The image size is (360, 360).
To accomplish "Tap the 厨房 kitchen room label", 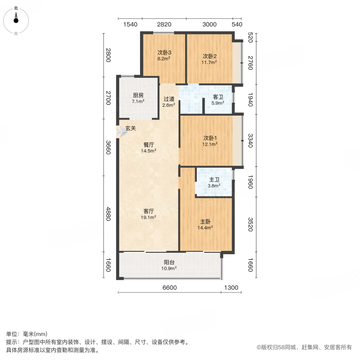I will pos(138,95).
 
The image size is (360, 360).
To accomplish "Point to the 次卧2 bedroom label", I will pos(209,56).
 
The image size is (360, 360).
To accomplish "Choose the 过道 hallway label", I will pos(169,99).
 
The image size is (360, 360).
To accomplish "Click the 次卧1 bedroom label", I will pos(210,138).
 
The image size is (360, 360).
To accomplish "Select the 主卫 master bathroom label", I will pos(214,180).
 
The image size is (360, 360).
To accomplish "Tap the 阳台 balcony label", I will pos(169,262).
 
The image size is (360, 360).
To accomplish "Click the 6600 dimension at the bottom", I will pos(169,288).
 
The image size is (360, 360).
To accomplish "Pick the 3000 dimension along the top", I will pos(209,24).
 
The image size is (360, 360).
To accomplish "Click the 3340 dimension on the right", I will pos(250,141).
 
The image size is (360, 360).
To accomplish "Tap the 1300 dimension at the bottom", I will pos(231,288).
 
